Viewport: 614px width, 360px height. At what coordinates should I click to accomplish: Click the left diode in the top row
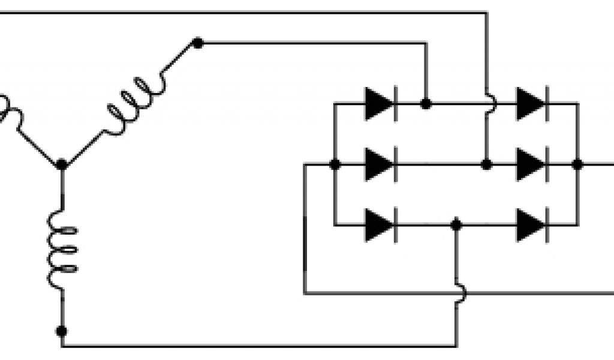[380, 104]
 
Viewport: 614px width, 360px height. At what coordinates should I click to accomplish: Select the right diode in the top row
[532, 104]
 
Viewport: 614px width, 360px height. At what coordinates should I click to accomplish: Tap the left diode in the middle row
[380, 164]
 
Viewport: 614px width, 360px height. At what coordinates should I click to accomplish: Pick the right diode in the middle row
[532, 164]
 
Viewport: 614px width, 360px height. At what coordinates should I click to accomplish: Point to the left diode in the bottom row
[380, 224]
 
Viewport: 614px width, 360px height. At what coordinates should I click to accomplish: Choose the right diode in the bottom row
[532, 224]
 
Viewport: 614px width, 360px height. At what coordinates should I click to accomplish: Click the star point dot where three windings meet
[61, 164]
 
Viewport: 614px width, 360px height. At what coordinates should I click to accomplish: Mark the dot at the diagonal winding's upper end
[197, 43]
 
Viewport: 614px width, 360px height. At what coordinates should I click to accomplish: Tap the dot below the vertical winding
[61, 331]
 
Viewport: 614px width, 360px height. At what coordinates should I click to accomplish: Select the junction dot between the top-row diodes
[426, 104]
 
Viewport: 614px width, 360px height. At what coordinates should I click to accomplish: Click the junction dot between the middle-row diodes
[487, 164]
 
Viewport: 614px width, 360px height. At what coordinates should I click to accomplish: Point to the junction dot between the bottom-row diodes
[456, 224]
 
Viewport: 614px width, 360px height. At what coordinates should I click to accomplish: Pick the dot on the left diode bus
[335, 164]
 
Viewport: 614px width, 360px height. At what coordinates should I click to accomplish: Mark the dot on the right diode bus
[577, 164]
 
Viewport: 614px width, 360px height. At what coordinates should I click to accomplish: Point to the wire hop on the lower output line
[459, 293]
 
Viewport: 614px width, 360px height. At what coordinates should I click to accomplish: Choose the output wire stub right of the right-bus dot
[597, 164]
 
